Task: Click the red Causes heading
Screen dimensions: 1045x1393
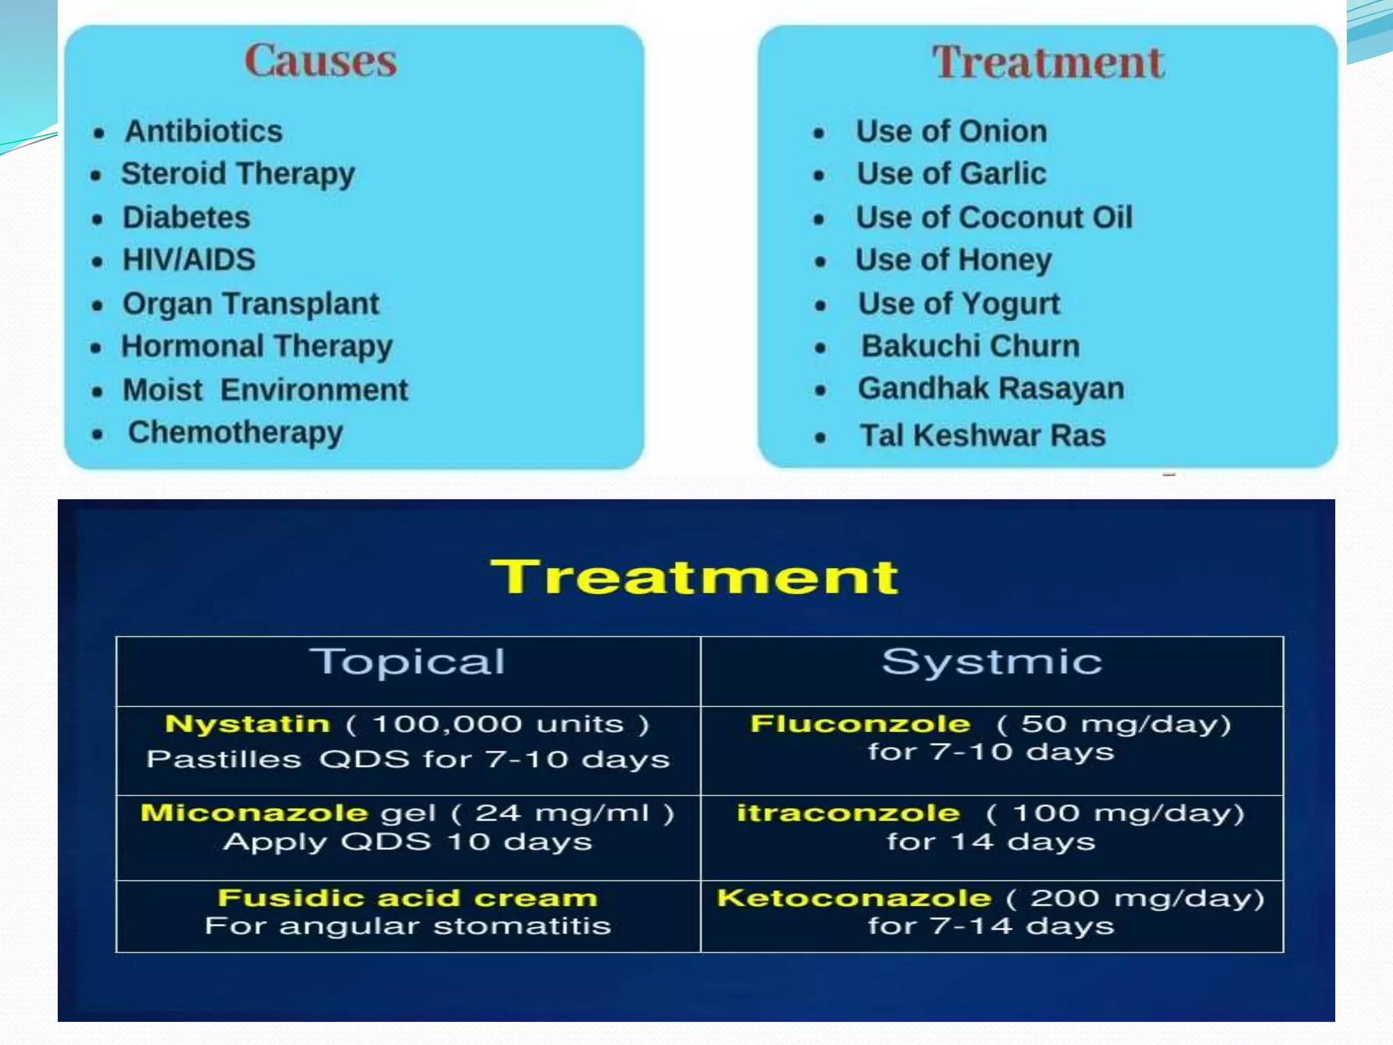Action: pos(320,61)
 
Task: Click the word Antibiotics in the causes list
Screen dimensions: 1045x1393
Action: pos(203,131)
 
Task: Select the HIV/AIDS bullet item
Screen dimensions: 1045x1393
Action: pos(188,260)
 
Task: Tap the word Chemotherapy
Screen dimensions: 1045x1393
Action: pos(235,433)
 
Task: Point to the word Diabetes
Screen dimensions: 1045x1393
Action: pos(186,218)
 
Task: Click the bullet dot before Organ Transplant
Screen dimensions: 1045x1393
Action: pos(98,305)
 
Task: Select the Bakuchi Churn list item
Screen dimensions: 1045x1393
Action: pos(970,346)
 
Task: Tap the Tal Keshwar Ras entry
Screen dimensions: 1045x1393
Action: pos(982,435)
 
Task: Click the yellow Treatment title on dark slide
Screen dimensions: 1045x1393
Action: pos(694,577)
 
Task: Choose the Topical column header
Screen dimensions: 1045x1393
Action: pos(407,662)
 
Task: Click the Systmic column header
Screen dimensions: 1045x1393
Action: pos(992,662)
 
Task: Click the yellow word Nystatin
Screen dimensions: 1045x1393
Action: pos(248,724)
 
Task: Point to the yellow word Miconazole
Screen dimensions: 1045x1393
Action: pos(254,813)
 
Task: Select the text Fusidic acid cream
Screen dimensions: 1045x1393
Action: pos(407,898)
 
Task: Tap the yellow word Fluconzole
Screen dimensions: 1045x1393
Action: pos(860,724)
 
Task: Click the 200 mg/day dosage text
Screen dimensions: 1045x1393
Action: pos(1147,898)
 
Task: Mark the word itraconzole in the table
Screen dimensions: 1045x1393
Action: pos(848,813)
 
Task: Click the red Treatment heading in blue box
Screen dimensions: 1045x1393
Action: pos(1047,63)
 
